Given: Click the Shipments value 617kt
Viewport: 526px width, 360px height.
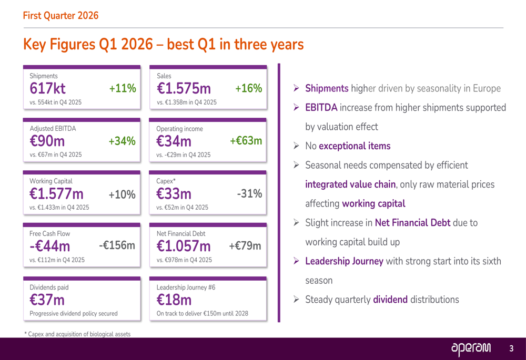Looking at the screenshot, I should [48, 89].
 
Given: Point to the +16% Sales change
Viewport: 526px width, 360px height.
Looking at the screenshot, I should [248, 89].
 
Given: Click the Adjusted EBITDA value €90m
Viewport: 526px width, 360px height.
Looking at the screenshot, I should [47, 141].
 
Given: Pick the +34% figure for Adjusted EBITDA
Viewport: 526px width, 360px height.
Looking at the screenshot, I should [122, 141].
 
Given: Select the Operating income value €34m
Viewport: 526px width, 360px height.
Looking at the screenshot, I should [174, 141].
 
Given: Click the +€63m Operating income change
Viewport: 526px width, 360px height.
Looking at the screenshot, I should [246, 141].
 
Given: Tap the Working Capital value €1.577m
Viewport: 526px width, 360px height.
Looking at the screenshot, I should [56, 194].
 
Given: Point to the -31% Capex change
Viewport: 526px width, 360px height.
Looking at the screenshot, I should [249, 194].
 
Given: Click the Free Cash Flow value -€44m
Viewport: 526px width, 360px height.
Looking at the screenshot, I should [50, 246].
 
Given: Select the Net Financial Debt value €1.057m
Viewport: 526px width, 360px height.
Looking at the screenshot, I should [184, 246].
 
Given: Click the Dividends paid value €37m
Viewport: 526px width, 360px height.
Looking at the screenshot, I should [47, 300].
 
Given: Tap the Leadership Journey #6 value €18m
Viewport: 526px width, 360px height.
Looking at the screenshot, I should [174, 300].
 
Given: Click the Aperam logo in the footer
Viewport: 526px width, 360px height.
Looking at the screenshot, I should [471, 348].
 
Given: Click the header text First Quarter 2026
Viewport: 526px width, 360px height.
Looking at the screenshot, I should [60, 16].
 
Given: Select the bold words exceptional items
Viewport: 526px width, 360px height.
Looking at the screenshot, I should [355, 146].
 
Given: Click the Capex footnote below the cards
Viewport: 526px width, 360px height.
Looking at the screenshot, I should [77, 334].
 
